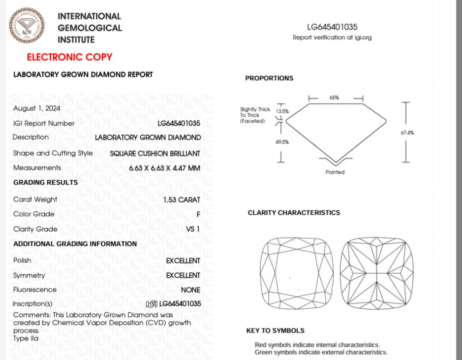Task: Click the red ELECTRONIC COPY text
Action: click(x=69, y=57)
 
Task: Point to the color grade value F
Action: click(x=198, y=214)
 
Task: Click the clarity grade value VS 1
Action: click(x=192, y=229)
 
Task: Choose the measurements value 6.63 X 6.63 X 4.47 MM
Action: click(x=164, y=168)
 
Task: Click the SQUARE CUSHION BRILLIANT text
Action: click(x=155, y=153)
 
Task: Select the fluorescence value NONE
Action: click(x=190, y=290)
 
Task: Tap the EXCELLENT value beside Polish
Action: click(x=183, y=261)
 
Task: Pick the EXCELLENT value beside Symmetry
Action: click(x=183, y=275)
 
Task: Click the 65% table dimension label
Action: click(x=335, y=98)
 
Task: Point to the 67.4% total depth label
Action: click(x=407, y=132)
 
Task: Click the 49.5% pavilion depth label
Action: click(x=282, y=142)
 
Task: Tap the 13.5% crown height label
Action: click(x=282, y=111)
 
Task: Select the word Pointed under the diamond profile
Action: click(x=335, y=172)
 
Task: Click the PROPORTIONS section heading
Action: click(x=269, y=78)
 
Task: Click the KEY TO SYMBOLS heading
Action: click(x=275, y=331)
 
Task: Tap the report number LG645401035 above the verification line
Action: click(x=332, y=27)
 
